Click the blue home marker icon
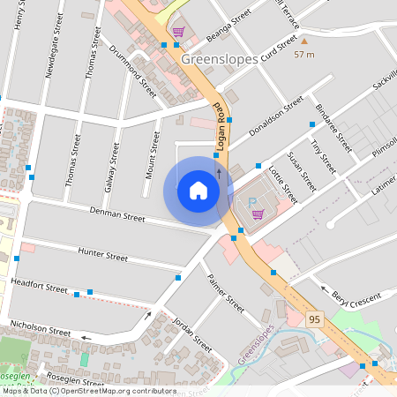(x=198, y=191)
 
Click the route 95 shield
(x=314, y=318)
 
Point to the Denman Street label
(x=117, y=214)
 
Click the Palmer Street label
(x=224, y=294)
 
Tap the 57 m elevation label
(x=304, y=55)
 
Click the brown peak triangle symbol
(x=304, y=40)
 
